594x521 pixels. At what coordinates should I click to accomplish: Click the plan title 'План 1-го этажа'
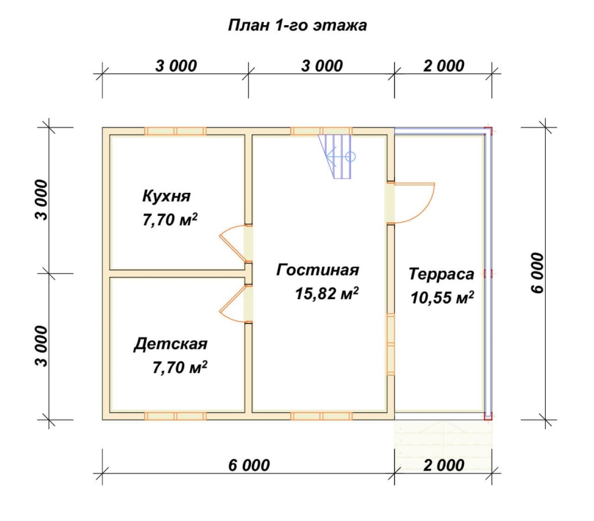coord(298,26)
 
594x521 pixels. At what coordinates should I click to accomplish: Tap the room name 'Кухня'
coord(166,197)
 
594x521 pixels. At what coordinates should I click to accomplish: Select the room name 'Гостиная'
coord(317,270)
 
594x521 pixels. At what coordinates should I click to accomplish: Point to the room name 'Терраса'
coord(441,273)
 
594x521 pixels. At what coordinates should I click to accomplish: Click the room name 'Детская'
coord(170,344)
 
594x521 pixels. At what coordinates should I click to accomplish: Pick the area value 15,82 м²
coord(327,294)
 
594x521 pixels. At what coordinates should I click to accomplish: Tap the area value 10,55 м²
coord(442,298)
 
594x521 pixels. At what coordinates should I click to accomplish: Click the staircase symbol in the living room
coord(337,157)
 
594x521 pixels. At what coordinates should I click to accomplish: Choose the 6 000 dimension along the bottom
coord(249,465)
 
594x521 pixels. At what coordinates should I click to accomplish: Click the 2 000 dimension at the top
coord(444,65)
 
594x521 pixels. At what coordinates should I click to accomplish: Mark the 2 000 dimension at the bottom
coord(444,465)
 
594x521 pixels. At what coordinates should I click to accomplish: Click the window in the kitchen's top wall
coord(175,131)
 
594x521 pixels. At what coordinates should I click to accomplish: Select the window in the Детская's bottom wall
coord(175,416)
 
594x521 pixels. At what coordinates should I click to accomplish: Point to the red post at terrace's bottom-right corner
coord(488,416)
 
